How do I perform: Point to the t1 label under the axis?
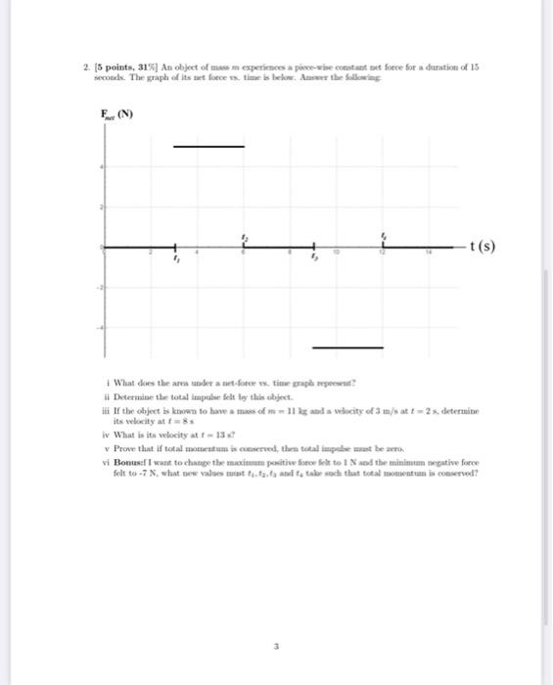click(177, 261)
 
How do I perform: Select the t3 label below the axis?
click(315, 261)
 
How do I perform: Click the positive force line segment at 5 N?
click(208, 146)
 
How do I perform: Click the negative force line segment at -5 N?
click(347, 347)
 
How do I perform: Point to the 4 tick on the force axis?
click(101, 168)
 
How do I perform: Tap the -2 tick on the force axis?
click(99, 288)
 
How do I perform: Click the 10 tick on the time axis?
click(337, 252)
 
